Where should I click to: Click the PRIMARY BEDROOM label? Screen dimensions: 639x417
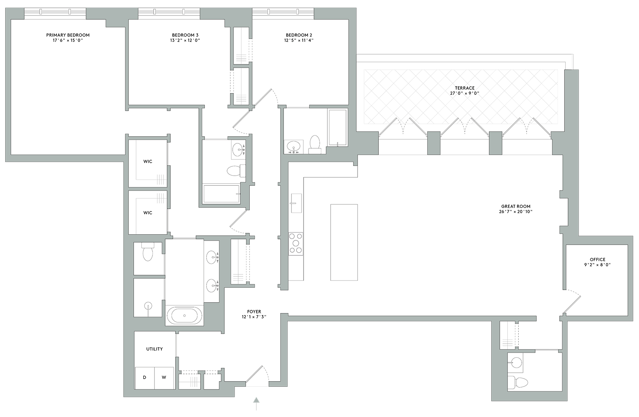(x=68, y=35)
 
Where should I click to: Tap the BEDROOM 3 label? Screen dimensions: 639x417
(x=185, y=35)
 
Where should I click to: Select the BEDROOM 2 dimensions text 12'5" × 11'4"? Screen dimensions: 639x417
(x=299, y=40)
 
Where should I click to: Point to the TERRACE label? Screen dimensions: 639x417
(x=465, y=88)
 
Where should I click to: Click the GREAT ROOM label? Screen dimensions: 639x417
(x=516, y=206)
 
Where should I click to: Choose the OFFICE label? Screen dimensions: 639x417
(x=598, y=259)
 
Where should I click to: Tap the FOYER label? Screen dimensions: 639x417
(x=254, y=312)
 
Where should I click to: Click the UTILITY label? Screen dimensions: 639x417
(x=155, y=349)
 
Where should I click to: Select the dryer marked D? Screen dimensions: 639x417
(x=145, y=378)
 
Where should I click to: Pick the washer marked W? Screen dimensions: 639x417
(x=164, y=378)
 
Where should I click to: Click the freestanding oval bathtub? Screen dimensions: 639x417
(x=184, y=315)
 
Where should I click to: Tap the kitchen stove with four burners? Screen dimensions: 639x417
(x=296, y=244)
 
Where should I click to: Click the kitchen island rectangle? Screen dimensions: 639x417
(x=344, y=242)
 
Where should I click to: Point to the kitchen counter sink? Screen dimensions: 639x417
(x=296, y=203)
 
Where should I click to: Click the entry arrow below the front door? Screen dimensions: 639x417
(x=256, y=404)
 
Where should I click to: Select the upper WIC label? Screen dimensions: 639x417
(x=148, y=162)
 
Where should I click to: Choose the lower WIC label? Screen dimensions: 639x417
(x=148, y=213)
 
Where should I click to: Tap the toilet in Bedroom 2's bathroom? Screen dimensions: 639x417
(x=315, y=144)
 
